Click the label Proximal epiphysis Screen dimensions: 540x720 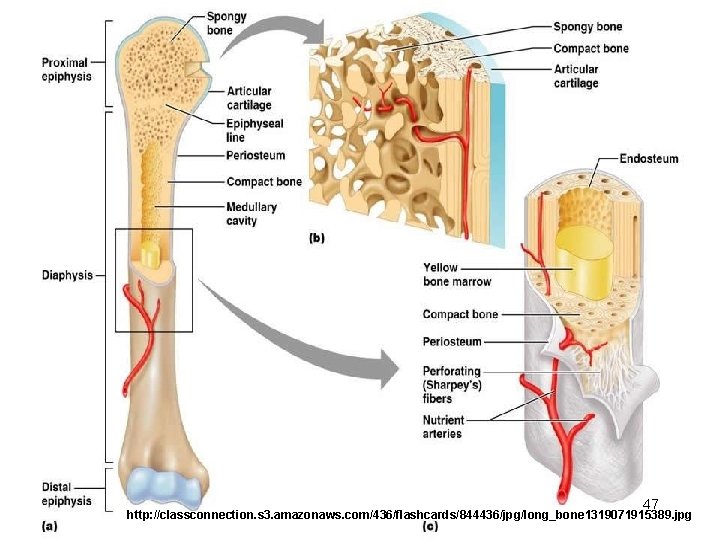65,69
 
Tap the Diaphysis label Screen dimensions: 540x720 67,274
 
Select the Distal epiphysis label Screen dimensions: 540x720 66,494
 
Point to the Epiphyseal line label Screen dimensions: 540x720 254,130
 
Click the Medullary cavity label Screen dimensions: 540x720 251,214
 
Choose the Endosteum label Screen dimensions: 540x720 648,158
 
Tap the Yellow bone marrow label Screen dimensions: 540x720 456,274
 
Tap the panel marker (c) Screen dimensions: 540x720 431,524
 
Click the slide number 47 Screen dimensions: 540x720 651,503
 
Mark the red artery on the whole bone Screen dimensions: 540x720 146,330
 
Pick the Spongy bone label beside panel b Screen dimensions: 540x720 587,26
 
